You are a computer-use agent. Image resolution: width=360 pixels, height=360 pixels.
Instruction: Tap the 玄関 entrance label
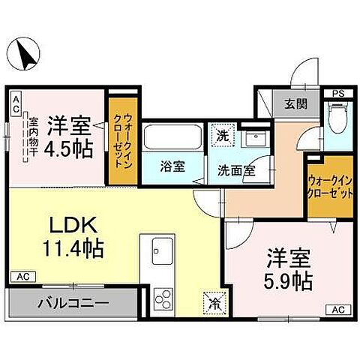[295, 104]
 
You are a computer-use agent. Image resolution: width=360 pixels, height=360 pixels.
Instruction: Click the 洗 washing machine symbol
[222, 136]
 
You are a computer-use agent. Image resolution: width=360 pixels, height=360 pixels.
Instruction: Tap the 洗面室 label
[236, 169]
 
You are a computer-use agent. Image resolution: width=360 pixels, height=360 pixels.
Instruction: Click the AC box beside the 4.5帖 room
[16, 103]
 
